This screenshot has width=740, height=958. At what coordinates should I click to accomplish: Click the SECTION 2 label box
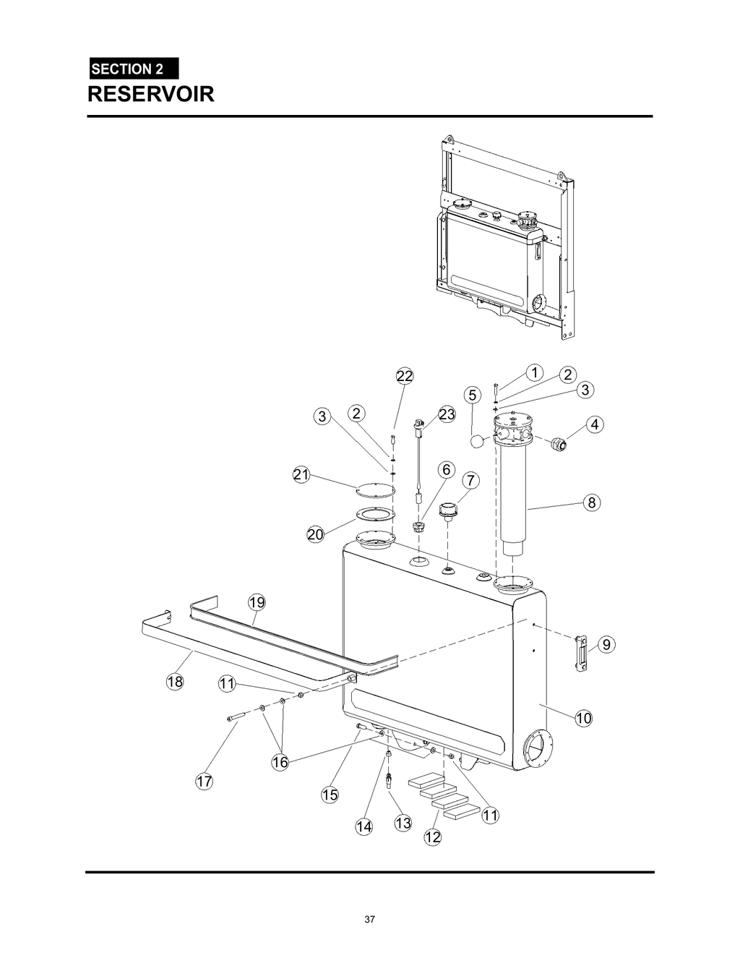(x=133, y=69)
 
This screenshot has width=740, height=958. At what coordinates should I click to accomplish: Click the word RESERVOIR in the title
(x=151, y=94)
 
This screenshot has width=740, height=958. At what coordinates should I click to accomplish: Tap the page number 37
(x=369, y=920)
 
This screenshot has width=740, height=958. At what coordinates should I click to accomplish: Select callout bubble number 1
(x=534, y=372)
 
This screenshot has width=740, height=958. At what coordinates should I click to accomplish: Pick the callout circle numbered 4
(x=594, y=424)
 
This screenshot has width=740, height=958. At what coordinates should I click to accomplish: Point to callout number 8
(x=592, y=502)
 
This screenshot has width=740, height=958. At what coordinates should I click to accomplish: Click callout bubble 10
(x=583, y=718)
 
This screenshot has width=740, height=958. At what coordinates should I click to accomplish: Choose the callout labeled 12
(x=432, y=837)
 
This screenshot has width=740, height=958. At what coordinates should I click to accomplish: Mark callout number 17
(x=205, y=782)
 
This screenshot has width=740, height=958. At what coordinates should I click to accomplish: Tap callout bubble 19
(x=257, y=602)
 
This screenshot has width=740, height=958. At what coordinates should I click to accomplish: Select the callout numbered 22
(x=405, y=376)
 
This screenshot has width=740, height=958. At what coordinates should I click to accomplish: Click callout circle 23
(x=447, y=414)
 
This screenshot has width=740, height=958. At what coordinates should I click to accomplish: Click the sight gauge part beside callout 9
(x=581, y=653)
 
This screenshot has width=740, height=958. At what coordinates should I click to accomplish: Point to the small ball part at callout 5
(x=476, y=440)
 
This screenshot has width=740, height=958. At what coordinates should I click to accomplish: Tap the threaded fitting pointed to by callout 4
(x=557, y=443)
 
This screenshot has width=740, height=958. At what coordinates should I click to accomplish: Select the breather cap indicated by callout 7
(x=449, y=510)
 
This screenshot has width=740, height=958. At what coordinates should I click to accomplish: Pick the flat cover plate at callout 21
(x=376, y=489)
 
